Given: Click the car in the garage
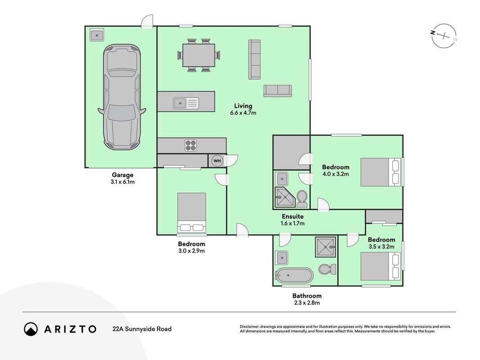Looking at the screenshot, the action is (122, 97).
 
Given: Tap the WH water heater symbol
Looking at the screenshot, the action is (217, 161).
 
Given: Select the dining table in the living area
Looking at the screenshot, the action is (199, 55).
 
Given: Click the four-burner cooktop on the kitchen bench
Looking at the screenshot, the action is (191, 145).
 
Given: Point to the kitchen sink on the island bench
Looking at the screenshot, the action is (186, 103).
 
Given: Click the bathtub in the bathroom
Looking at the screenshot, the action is (294, 275).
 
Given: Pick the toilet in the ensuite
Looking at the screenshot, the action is (302, 198).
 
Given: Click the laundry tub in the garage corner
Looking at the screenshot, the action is (97, 35).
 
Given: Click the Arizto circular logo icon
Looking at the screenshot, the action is (31, 329).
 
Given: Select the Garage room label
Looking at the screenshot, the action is (122, 175).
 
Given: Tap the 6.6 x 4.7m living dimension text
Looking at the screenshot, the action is (243, 113).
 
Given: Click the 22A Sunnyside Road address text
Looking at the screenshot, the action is (142, 329).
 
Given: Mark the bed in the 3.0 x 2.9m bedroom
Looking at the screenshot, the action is (192, 212).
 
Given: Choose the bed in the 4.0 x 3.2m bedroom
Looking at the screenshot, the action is (381, 172).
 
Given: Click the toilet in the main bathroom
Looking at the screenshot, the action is (327, 269).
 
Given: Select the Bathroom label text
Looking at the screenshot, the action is (307, 296).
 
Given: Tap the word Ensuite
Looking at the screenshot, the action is (293, 216).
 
